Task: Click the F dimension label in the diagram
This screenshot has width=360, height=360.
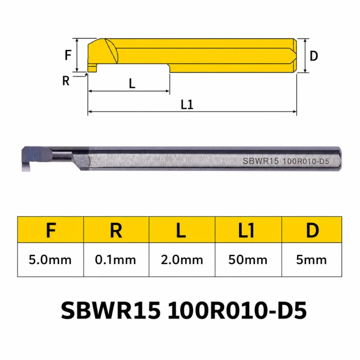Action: tap(68, 55)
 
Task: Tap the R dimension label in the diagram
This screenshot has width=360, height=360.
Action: tap(66, 81)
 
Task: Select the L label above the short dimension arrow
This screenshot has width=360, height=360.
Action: tap(132, 84)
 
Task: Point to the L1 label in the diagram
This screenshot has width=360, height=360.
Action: tap(187, 105)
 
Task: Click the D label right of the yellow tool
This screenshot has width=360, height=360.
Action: tap(313, 56)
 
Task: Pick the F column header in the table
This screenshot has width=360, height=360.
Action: tap(51, 230)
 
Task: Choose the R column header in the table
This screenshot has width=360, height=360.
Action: tap(116, 230)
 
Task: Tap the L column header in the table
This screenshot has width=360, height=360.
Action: tap(181, 230)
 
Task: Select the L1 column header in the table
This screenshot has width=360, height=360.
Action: tap(246, 230)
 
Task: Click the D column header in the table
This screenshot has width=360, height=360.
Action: tap(312, 230)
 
